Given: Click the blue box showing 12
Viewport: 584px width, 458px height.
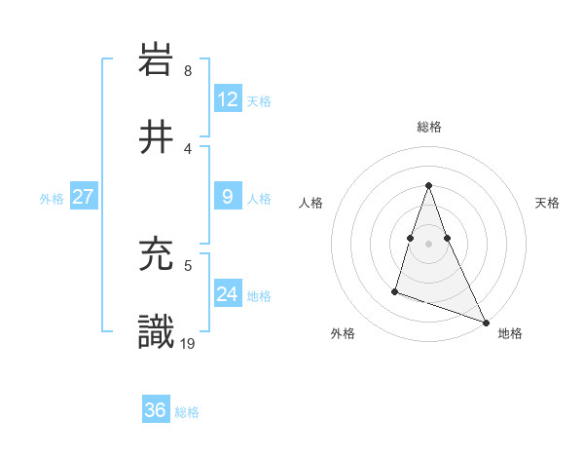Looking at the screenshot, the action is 227,99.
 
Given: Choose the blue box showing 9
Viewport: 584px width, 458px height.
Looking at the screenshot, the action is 227,197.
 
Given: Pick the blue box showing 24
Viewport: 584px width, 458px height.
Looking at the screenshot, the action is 227,294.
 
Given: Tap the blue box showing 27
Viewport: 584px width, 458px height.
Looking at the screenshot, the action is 83,197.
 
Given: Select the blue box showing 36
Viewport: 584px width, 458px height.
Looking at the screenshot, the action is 155,410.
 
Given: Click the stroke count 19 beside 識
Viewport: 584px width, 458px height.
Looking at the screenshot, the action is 189,342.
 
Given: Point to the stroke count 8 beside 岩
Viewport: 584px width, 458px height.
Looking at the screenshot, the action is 187,71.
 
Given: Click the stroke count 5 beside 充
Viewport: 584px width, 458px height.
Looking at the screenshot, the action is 188,264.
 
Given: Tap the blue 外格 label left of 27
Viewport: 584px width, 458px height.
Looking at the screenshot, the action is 52,198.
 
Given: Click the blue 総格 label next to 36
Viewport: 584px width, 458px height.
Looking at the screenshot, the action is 187,411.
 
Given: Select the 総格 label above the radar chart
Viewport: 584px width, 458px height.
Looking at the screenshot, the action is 428,127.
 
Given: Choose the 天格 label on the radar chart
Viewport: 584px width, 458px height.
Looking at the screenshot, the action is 548,203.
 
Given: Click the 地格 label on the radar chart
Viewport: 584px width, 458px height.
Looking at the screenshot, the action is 510,333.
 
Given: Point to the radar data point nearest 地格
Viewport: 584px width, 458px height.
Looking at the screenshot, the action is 486,323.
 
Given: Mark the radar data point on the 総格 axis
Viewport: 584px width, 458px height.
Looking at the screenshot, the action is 428,185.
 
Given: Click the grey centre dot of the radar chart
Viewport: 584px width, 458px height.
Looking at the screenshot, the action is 428,244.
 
